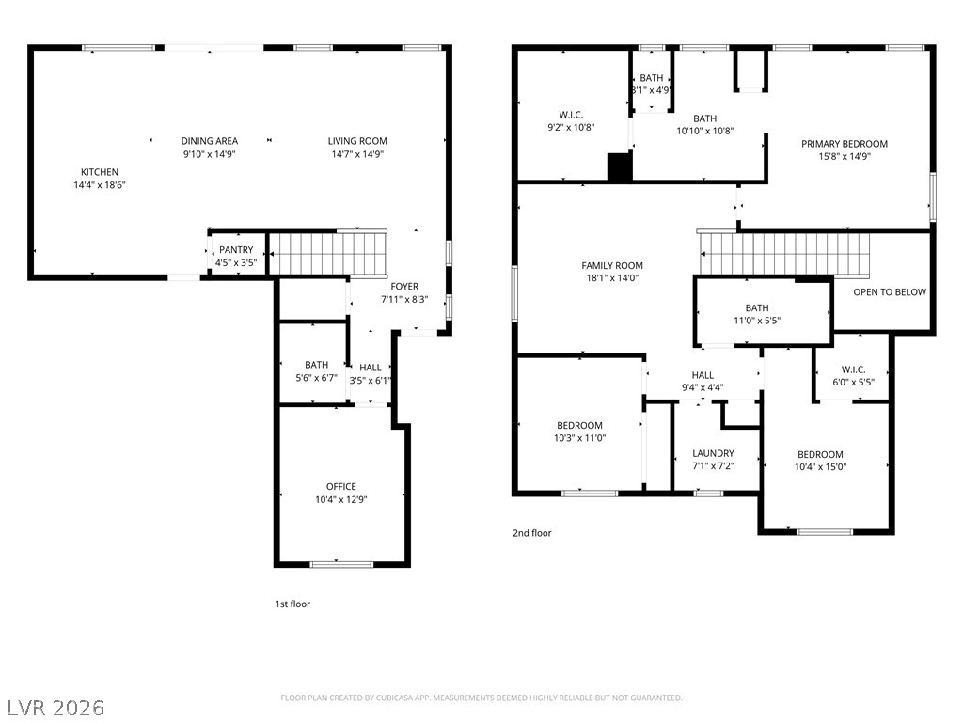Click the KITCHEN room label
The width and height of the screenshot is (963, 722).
[x=100, y=172]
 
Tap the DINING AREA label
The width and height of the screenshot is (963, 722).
[x=210, y=141]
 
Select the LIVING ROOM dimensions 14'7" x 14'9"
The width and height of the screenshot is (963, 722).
[x=357, y=155]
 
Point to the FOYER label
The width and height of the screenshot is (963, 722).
[x=404, y=286]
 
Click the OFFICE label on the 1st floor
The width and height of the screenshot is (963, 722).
[x=340, y=487]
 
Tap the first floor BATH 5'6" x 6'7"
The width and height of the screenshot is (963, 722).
[x=313, y=363]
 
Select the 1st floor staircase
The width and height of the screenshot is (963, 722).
[x=328, y=254]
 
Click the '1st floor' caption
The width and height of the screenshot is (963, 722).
[x=292, y=604]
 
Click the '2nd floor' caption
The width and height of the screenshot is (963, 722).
[x=532, y=533]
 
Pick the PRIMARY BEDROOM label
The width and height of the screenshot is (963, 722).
[x=845, y=144]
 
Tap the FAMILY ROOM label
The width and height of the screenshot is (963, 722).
[x=612, y=266]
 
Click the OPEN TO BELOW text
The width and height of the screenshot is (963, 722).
[x=890, y=292]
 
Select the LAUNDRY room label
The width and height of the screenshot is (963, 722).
[x=713, y=454]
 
